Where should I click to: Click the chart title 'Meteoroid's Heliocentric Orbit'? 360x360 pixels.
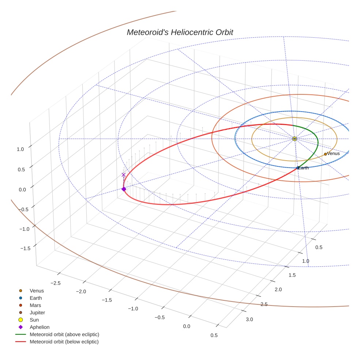(180, 32)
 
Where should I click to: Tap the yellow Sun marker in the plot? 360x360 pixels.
(295, 139)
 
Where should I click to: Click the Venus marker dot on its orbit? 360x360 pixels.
(325, 154)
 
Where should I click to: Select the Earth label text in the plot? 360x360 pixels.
(303, 168)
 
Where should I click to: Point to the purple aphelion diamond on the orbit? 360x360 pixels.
(124, 189)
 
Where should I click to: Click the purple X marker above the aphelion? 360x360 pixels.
(124, 175)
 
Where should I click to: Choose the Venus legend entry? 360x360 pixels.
(37, 291)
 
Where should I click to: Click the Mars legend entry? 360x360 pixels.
(35, 305)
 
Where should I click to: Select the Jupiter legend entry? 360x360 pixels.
(37, 313)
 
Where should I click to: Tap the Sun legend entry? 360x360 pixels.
(34, 320)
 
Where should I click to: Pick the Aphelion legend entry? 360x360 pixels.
(40, 327)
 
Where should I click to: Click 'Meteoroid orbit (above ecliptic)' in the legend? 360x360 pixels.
(64, 334)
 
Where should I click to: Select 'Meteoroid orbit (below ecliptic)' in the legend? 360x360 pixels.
(64, 342)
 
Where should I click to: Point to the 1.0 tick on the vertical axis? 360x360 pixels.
(20, 149)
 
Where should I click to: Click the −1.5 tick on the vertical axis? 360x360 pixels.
(25, 248)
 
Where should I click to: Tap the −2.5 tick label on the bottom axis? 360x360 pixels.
(55, 283)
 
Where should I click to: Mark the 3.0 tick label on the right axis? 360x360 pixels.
(249, 319)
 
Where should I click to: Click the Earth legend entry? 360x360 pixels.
(35, 298)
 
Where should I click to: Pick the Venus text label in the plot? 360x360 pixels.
(333, 154)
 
